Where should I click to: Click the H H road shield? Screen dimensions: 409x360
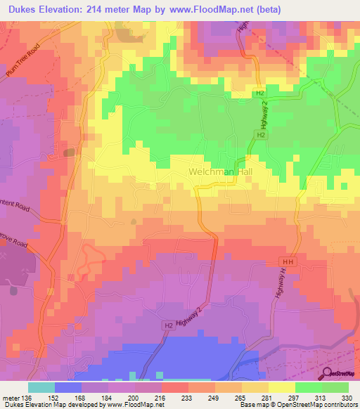[x=292, y=261]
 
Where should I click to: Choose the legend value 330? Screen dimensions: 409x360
[x=347, y=398]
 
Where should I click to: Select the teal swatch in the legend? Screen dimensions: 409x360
[x=41, y=387]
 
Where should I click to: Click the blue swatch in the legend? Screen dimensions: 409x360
[x=68, y=387]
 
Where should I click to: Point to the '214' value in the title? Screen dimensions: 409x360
[x=97, y=11]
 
